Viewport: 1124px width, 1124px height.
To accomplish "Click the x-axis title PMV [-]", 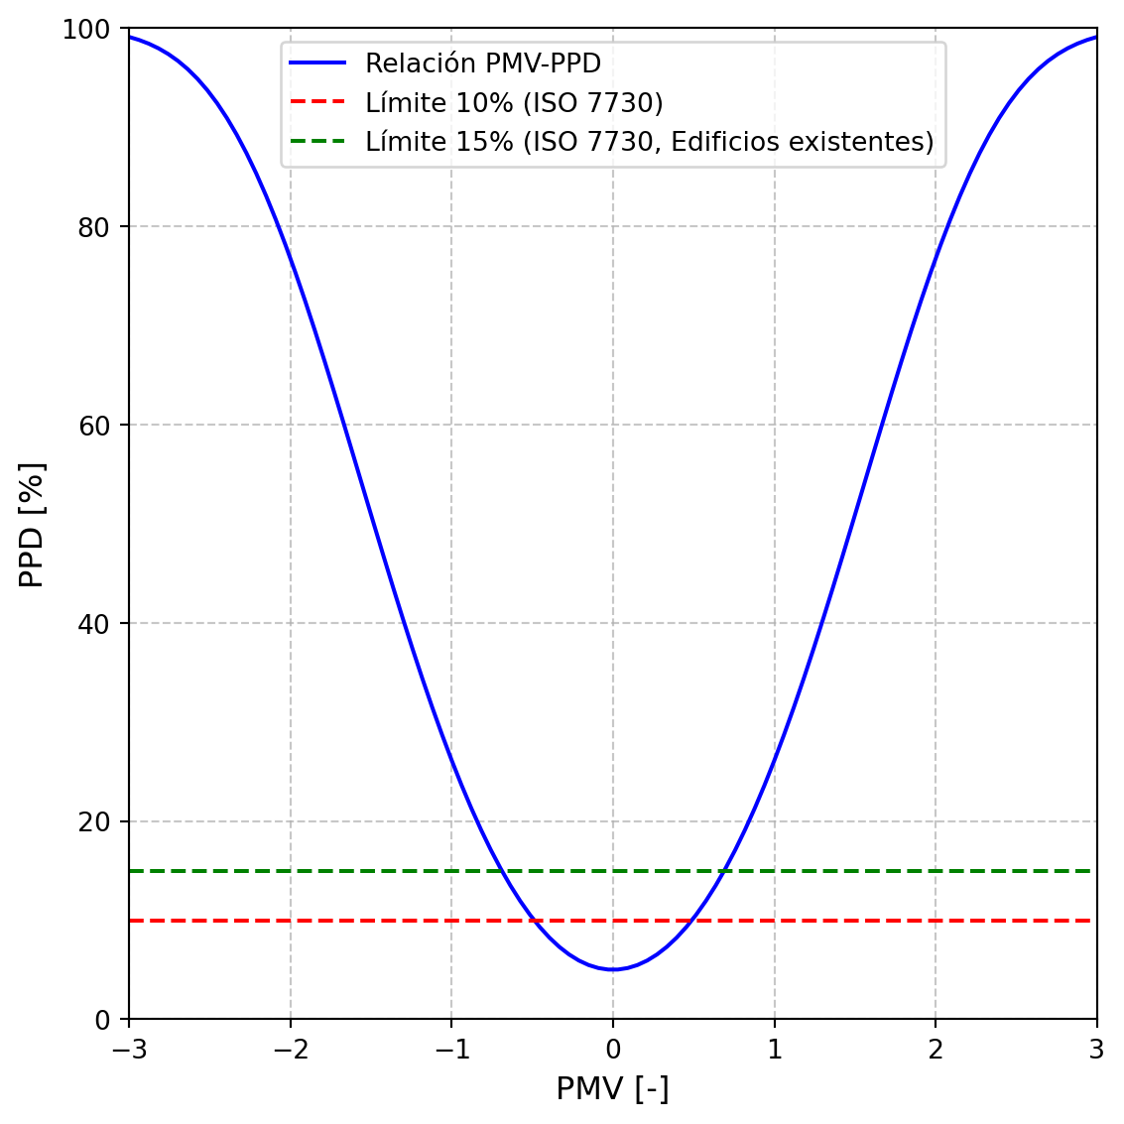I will click(612, 1089).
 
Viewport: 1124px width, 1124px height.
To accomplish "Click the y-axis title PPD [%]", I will click(32, 524).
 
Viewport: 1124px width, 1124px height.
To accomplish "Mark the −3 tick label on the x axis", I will click(129, 1051).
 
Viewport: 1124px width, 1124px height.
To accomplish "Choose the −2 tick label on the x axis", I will click(290, 1051).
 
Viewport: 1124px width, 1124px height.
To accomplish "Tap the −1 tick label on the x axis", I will click(451, 1051).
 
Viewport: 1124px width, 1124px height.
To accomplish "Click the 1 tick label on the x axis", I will click(774, 1051).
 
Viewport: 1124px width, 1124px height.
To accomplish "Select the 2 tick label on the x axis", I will click(936, 1051).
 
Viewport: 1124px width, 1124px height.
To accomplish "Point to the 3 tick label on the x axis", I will click(1096, 1051).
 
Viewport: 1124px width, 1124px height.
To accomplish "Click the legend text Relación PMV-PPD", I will click(483, 63).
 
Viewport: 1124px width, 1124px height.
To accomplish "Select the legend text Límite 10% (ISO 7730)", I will click(514, 103).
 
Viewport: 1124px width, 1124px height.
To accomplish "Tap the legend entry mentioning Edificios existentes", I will click(650, 142).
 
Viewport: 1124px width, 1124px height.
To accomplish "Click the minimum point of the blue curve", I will click(613, 969).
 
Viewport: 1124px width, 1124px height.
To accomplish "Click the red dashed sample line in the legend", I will click(317, 102).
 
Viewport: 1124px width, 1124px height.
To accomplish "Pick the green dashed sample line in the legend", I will click(317, 141).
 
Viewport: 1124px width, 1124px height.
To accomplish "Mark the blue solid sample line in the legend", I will click(317, 62).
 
